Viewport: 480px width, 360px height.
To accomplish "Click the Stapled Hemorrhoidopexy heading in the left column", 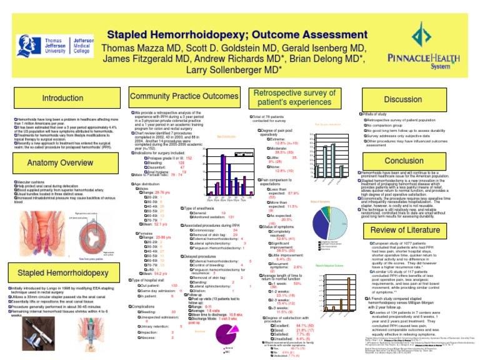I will click(61, 273).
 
